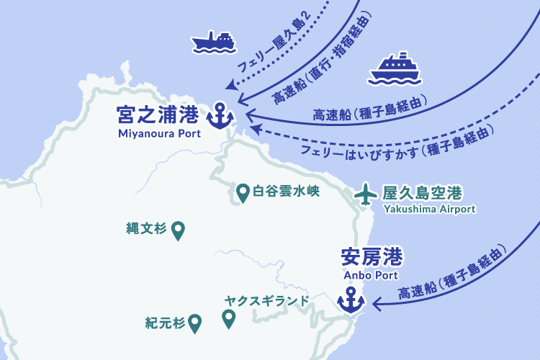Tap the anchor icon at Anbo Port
click(351, 300)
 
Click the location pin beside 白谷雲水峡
click(243, 192)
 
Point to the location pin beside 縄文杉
click(178, 230)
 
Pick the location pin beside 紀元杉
click(194, 323)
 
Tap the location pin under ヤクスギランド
click(229, 318)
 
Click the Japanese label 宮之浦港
click(158, 115)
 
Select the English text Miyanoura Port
click(158, 132)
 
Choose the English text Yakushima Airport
click(430, 209)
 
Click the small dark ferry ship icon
click(213, 42)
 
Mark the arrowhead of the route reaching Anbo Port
click(375, 305)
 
